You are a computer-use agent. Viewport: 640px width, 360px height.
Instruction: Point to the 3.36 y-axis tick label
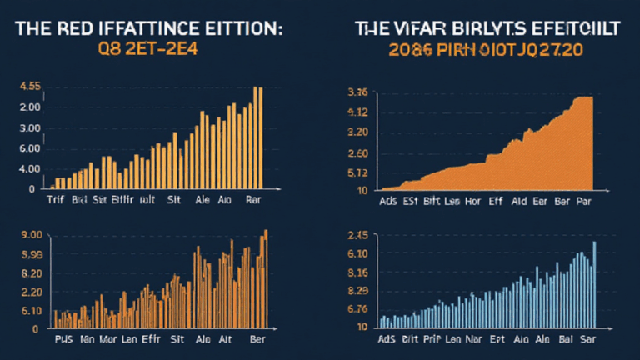tap(357, 92)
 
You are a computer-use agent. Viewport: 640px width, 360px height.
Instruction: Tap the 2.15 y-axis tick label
tap(357, 234)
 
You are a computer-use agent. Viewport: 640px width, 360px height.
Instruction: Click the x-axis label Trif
tap(56, 201)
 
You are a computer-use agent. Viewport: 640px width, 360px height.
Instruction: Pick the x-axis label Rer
tap(254, 201)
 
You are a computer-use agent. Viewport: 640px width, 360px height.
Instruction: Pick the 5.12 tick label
tap(357, 173)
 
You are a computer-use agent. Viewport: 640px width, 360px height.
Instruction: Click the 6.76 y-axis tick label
tap(357, 309)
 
